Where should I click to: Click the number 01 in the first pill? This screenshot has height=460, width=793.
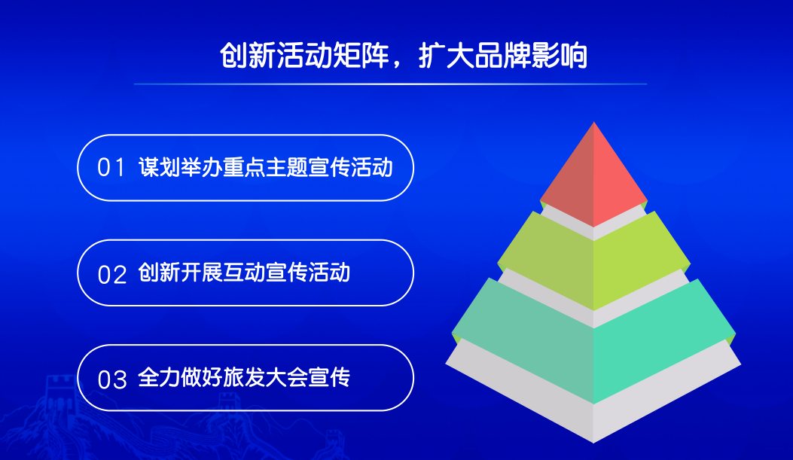click(111, 167)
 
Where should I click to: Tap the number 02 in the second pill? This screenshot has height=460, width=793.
click(111, 275)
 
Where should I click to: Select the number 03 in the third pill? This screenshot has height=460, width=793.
click(111, 379)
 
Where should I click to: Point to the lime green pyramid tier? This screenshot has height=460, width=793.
click(593, 263)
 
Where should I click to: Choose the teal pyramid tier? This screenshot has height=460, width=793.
click(593, 344)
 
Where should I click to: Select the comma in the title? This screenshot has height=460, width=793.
click(398, 64)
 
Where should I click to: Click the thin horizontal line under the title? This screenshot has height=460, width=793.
click(390, 84)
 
